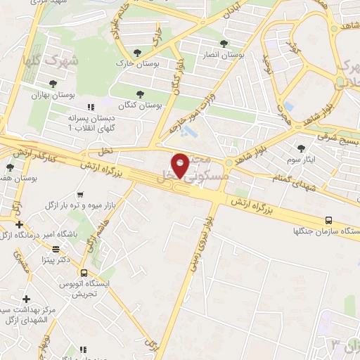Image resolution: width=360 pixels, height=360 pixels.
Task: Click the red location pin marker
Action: (x=181, y=165)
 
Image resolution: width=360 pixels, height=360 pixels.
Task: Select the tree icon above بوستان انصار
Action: (x=224, y=44)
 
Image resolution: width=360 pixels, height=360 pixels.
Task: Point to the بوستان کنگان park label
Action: (x=140, y=105)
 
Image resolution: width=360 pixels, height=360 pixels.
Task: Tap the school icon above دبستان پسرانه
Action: (x=90, y=108)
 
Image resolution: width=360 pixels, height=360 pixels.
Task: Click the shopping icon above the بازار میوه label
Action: (x=82, y=194)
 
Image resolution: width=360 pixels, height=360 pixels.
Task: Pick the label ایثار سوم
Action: (x=302, y=160)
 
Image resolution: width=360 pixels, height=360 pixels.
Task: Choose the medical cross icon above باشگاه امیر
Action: (x=19, y=224)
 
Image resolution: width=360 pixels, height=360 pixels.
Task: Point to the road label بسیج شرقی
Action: (x=337, y=139)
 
